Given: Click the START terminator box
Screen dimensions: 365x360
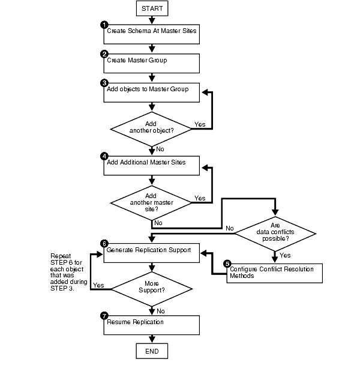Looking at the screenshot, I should pyautogui.click(x=152, y=8).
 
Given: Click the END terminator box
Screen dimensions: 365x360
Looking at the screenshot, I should pyautogui.click(x=152, y=350).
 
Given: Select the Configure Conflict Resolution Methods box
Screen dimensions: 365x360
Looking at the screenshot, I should pyautogui.click(x=275, y=272).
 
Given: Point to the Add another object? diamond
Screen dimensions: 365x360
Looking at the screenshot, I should pyautogui.click(x=152, y=127).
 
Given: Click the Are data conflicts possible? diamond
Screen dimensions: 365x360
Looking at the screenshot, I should pyautogui.click(x=274, y=228).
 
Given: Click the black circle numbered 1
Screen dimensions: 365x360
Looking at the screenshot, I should pyautogui.click(x=104, y=25).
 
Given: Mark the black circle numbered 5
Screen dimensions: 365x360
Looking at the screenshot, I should pyautogui.click(x=227, y=263).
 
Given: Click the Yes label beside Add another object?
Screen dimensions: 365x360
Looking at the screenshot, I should pyautogui.click(x=201, y=125).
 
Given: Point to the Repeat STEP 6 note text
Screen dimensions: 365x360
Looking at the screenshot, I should pyautogui.click(x=70, y=268).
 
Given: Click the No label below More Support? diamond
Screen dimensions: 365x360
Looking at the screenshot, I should pyautogui.click(x=161, y=310).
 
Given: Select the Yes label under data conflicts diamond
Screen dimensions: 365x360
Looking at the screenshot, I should pyautogui.click(x=285, y=255).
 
